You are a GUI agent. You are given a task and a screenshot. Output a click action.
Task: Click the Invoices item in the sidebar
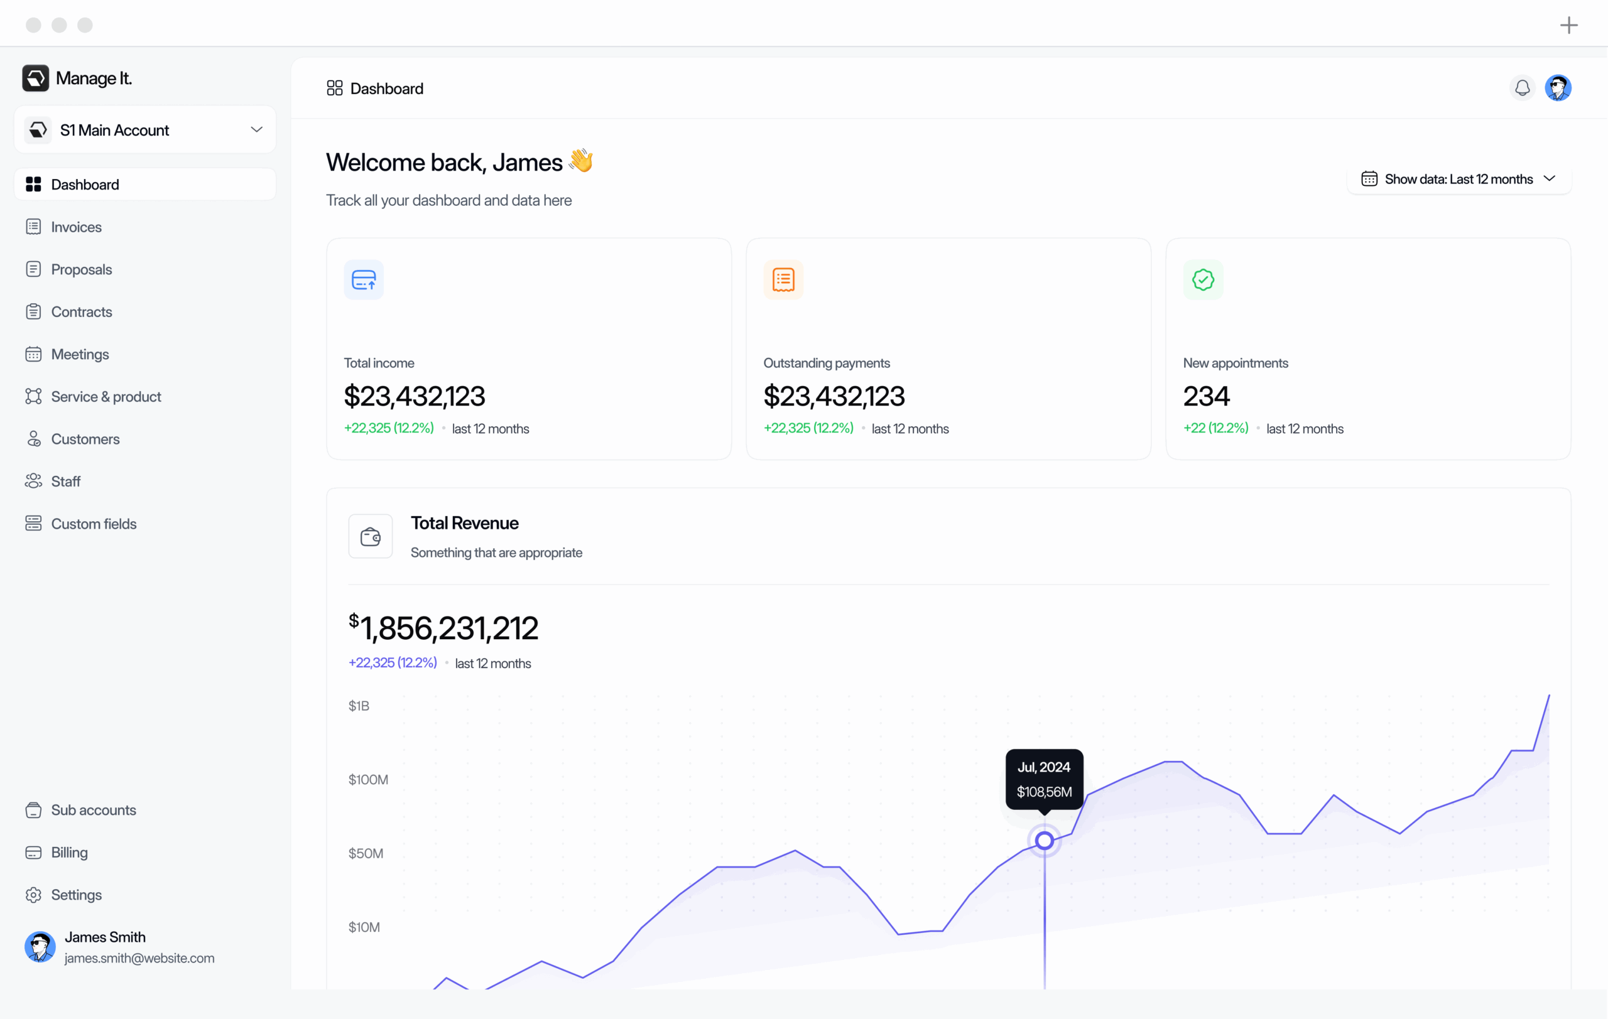click(76, 227)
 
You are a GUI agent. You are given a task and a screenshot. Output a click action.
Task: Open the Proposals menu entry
click(81, 269)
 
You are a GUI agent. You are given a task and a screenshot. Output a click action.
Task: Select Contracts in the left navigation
click(81, 311)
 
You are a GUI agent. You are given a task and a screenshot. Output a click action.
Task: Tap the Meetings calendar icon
click(33, 354)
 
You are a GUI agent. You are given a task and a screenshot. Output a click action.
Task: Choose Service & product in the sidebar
click(106, 397)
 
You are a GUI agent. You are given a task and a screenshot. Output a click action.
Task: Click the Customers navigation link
click(85, 439)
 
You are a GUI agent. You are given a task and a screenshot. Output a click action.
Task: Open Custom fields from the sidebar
click(94, 524)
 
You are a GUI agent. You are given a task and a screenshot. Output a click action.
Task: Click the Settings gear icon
click(33, 895)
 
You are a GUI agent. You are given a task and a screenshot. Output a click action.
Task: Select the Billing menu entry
click(69, 853)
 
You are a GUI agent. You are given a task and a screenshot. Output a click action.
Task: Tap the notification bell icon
click(1523, 88)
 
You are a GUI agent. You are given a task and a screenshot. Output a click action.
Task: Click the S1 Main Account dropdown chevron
click(256, 129)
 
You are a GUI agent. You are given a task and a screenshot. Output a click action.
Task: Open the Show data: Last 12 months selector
click(1459, 179)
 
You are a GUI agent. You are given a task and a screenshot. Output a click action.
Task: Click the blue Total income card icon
click(364, 280)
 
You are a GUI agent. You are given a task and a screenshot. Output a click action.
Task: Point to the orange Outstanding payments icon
click(783, 280)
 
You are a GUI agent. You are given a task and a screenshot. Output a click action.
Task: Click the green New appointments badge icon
click(1203, 280)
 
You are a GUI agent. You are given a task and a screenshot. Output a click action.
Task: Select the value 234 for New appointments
click(1206, 396)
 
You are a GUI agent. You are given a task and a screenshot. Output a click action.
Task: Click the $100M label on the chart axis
click(368, 779)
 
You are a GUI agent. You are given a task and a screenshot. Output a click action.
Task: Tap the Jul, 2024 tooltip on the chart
click(1045, 779)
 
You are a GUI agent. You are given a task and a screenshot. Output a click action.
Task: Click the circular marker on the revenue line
click(1045, 841)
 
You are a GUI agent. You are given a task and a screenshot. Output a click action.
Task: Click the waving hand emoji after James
click(581, 161)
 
